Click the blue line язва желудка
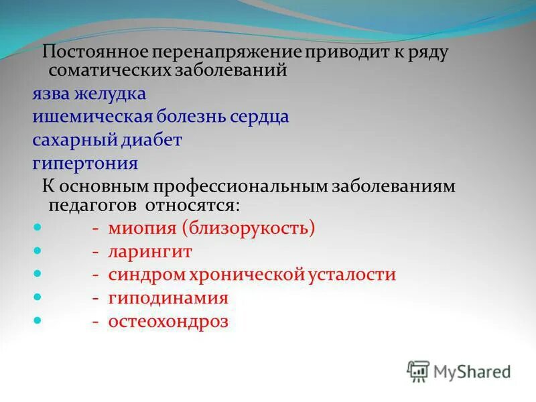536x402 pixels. pyautogui.click(x=89, y=94)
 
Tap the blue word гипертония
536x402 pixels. pyautogui.click(x=85, y=163)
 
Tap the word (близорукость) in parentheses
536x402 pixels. pyautogui.click(x=247, y=228)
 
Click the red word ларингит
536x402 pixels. pyautogui.click(x=150, y=251)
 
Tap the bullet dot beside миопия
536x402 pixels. pyautogui.click(x=38, y=227)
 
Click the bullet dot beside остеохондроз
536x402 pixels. pyautogui.click(x=38, y=320)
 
